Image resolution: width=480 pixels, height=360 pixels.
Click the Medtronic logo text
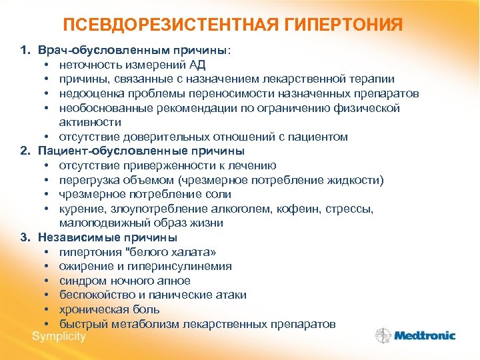click(x=425, y=336)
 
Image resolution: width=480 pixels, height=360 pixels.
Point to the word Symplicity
click(x=59, y=335)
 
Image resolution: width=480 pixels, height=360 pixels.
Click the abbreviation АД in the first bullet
click(x=198, y=65)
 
